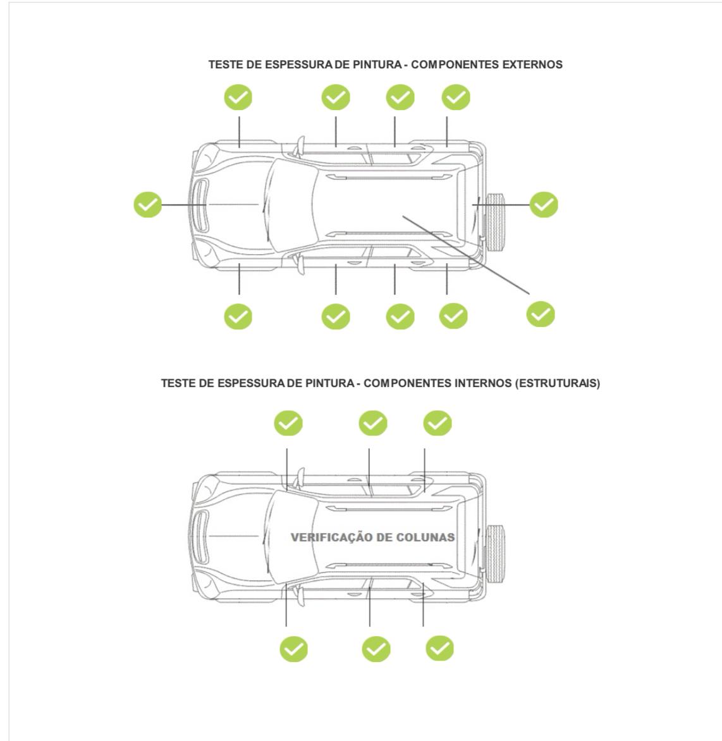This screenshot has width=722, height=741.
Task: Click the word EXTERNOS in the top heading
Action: (x=532, y=64)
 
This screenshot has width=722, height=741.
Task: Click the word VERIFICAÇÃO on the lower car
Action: (x=331, y=537)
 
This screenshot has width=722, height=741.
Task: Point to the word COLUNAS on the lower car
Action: (x=425, y=537)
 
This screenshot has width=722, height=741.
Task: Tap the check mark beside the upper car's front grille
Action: (x=147, y=205)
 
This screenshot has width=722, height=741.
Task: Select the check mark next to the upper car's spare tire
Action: (x=543, y=205)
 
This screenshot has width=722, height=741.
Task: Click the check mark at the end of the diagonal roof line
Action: (x=541, y=314)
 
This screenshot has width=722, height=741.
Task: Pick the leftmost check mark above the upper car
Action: (x=238, y=97)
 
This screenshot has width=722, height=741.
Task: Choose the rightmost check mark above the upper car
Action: (x=455, y=97)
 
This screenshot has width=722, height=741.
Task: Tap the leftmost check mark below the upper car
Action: (x=238, y=316)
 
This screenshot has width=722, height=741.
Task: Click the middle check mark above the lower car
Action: (x=373, y=423)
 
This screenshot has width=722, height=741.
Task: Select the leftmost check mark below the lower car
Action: (x=293, y=649)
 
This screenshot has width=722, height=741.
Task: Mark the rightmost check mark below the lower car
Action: (x=439, y=648)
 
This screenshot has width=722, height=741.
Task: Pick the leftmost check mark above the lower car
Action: (x=288, y=423)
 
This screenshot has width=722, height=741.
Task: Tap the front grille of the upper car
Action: (x=201, y=205)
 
